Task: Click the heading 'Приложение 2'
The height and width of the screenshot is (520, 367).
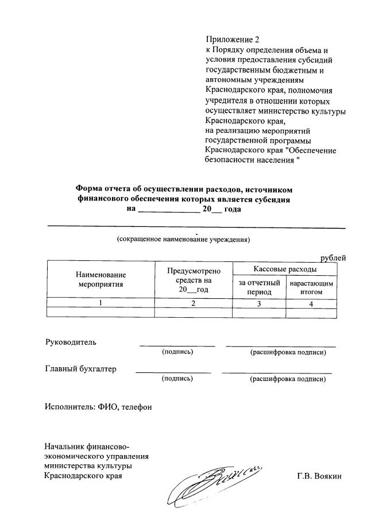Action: pos(233,40)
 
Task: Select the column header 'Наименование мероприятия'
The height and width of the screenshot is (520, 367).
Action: pos(101,279)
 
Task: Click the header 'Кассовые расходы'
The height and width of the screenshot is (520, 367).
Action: pos(285,269)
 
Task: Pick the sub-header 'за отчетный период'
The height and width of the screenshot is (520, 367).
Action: pos(259,287)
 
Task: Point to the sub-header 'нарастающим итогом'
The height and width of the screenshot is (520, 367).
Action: pos(311,287)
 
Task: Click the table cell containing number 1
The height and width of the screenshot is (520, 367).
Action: pos(101,304)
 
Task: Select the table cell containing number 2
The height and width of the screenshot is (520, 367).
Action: pos(194,304)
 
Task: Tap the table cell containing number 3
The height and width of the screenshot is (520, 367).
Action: pos(259,304)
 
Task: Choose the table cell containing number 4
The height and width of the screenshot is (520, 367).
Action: pos(311,304)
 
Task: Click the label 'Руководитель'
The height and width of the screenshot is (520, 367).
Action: pos(71,342)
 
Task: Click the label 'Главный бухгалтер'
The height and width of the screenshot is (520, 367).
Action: pos(80,369)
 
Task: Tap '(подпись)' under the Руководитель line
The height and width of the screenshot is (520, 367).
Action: pos(177,351)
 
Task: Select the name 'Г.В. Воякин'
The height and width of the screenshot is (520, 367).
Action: pos(319,476)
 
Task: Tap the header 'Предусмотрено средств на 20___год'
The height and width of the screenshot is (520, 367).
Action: pos(194,280)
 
